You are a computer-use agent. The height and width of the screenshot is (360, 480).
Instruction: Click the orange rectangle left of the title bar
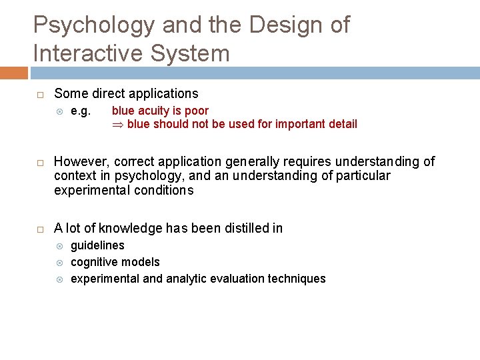[14, 73]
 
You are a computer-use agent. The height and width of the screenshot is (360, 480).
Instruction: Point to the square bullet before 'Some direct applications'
[39, 94]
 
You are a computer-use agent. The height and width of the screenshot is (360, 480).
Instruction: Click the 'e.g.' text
[81, 111]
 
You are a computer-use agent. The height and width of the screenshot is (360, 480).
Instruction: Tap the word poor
[196, 111]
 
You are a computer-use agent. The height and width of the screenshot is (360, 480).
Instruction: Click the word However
[82, 161]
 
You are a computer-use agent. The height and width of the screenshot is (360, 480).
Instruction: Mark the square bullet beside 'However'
[39, 162]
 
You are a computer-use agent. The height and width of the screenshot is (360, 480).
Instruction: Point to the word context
[75, 176]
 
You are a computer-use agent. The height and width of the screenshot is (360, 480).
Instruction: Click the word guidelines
[97, 245]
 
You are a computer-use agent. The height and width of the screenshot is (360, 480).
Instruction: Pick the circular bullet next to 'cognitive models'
[59, 262]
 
